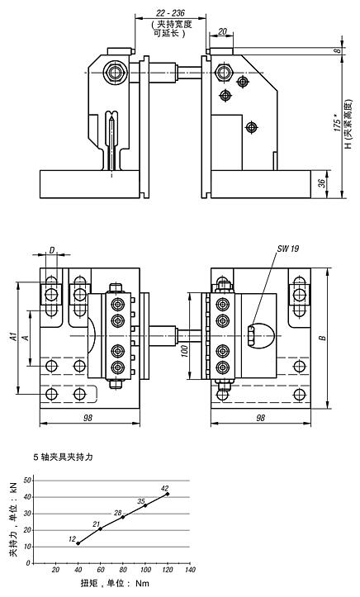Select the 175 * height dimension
pyautogui.click(x=336, y=125)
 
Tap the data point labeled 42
pyautogui.click(x=168, y=494)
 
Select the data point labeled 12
pyautogui.click(x=78, y=543)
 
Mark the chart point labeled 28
pyautogui.click(x=123, y=518)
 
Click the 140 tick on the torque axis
pyautogui.click(x=191, y=570)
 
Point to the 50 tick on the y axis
pyautogui.click(x=28, y=480)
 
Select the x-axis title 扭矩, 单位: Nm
pyautogui.click(x=114, y=584)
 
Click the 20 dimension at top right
pyautogui.click(x=223, y=32)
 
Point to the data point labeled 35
pyautogui.click(x=145, y=506)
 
